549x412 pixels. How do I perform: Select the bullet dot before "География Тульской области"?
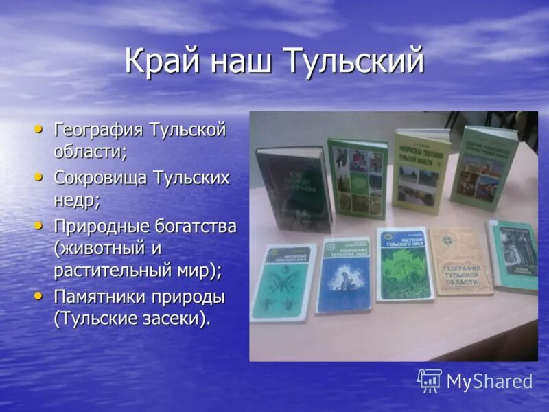pos(39,128)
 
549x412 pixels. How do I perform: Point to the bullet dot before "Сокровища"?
pos(39,176)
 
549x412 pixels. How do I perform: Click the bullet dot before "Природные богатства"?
pos(39,225)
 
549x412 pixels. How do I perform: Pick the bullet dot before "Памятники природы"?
pos(39,296)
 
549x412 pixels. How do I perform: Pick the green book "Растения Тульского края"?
pos(404,264)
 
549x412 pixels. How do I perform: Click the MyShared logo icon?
pos(430,380)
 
